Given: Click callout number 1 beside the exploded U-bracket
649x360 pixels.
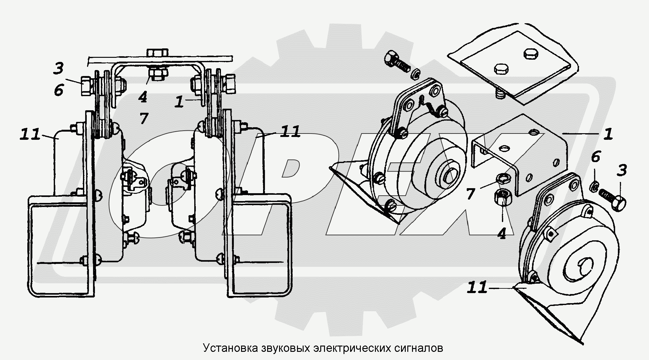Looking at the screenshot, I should click(x=608, y=134).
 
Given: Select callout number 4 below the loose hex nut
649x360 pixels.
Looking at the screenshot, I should click(x=502, y=233).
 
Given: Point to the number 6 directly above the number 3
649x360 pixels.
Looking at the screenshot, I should click(x=596, y=157).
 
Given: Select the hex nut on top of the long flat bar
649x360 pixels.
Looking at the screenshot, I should click(x=157, y=52).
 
